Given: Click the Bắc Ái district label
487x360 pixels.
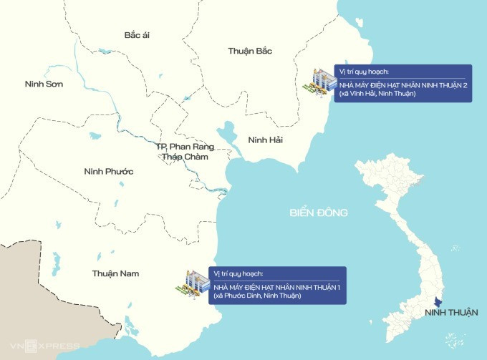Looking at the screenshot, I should pos(141,34).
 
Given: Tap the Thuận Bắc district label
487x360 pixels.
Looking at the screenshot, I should pos(250,51).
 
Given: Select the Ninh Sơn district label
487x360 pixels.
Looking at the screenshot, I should pos(44,84).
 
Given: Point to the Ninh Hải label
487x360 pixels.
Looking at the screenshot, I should pos(265,140).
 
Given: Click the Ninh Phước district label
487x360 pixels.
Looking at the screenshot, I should pos(109,171).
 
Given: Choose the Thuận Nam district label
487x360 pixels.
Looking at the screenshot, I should pos(115,273).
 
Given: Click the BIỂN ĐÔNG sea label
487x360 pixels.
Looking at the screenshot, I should pos(318,213).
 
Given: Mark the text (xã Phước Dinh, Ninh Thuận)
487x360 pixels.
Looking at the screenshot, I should pos(253,296).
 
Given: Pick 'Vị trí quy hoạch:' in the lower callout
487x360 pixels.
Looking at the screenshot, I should pos(238,274).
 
